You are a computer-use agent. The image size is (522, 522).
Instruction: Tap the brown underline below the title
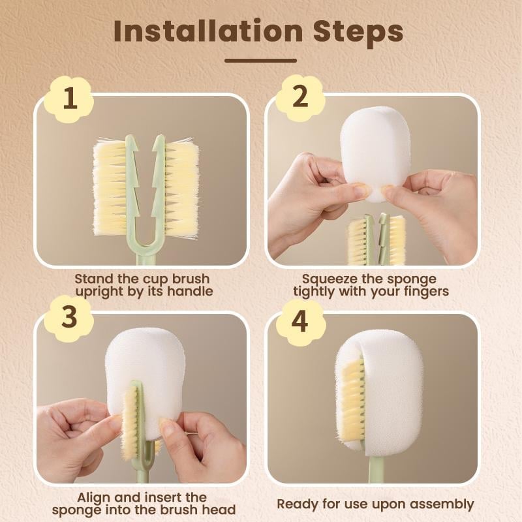click(x=260, y=61)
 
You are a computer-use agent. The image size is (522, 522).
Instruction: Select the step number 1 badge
click(x=70, y=100)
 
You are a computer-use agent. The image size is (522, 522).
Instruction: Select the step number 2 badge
click(x=300, y=98)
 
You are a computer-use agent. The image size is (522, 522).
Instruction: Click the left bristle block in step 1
click(x=110, y=189)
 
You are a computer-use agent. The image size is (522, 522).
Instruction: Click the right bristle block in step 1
click(x=181, y=189)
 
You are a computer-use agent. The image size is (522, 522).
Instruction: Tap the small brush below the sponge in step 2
click(x=376, y=240)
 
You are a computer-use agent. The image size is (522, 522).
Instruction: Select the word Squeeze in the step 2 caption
click(x=327, y=279)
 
